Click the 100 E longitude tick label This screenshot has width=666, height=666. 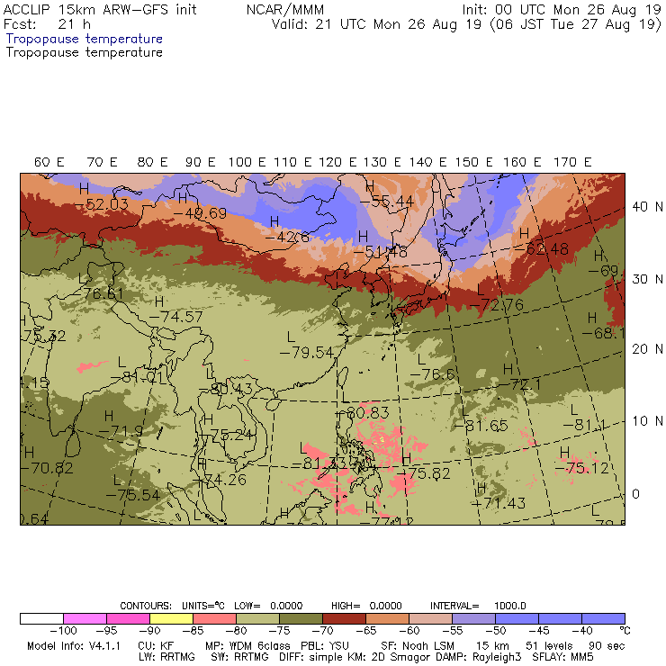247,162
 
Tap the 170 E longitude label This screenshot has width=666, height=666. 572,162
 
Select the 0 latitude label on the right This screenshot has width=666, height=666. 635,494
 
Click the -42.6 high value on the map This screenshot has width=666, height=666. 292,238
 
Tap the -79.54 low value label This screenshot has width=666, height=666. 306,351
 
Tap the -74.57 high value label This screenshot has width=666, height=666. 175,317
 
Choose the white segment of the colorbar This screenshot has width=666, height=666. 41,618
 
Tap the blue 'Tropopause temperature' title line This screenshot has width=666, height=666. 85,40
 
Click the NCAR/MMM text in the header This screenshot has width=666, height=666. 284,9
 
